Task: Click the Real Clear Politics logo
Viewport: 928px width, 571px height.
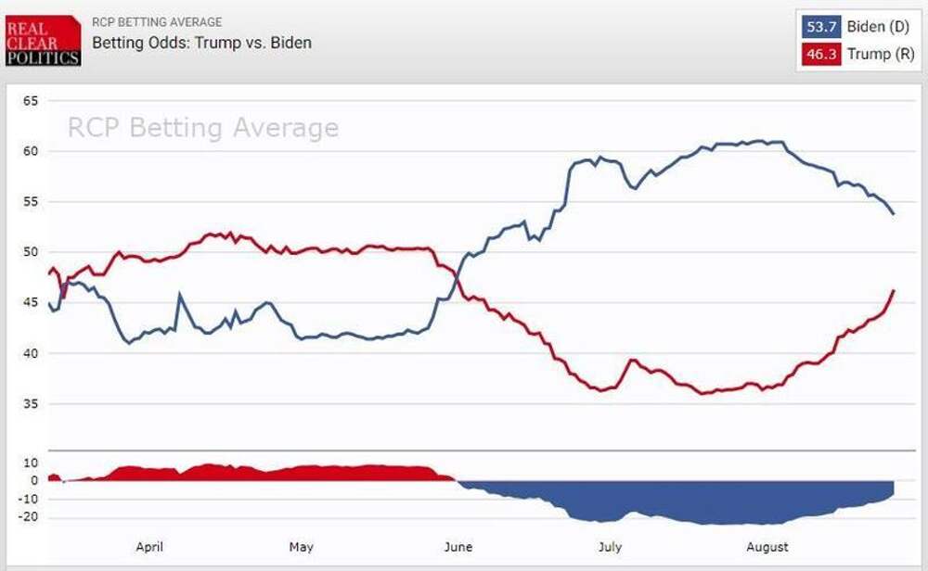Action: coord(43,40)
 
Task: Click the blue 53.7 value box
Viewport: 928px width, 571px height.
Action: coord(820,27)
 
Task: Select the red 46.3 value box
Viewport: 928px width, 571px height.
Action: coord(820,55)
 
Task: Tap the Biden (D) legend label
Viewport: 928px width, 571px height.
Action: coord(878,27)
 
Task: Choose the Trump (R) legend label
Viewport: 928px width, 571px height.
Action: coord(881,55)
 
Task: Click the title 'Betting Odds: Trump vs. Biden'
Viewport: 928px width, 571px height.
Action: coord(201,43)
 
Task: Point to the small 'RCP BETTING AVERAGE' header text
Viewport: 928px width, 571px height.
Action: coord(156,22)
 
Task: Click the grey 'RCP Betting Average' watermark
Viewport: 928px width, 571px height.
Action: coord(202,128)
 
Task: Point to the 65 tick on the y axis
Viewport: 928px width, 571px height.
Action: coord(30,100)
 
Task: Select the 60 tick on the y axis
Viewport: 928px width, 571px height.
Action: coord(30,151)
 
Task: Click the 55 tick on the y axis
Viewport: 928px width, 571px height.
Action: coord(30,201)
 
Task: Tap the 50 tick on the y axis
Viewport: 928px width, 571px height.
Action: coord(30,252)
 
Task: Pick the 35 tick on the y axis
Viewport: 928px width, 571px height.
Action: coord(30,404)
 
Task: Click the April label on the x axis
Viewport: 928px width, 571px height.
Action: coord(149,547)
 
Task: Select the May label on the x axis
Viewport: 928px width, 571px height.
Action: coord(302,547)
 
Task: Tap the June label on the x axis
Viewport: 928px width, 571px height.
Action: coord(458,547)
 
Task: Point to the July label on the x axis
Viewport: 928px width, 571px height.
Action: coord(610,547)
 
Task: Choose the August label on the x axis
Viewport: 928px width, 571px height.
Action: coord(767,547)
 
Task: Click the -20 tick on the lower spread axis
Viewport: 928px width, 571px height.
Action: coord(28,517)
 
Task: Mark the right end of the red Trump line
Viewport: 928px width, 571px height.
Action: coord(894,290)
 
